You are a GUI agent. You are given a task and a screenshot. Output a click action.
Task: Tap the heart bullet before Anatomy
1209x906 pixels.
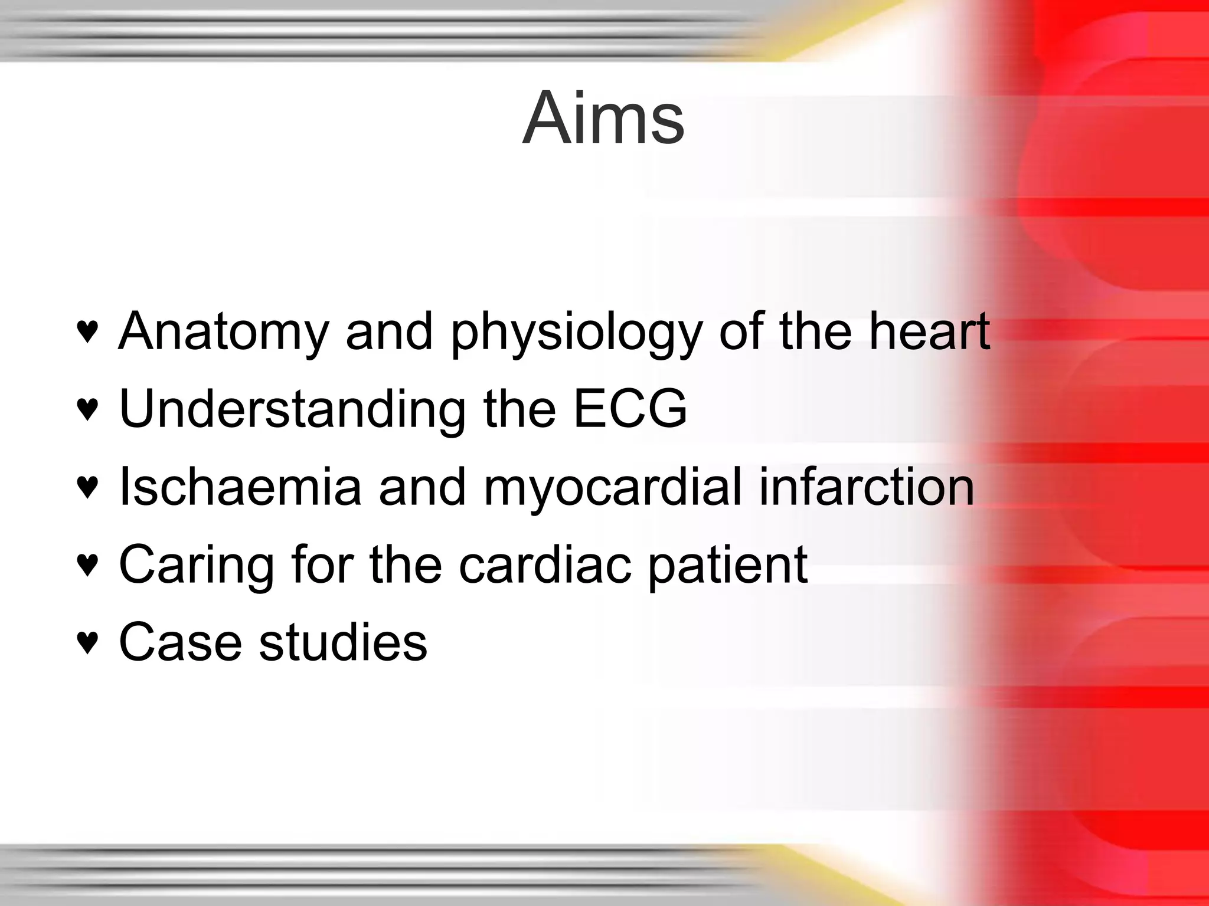point(87,332)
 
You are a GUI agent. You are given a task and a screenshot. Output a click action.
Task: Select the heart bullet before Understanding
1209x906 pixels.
point(87,409)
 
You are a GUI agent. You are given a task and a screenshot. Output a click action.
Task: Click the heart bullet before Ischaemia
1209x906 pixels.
point(87,487)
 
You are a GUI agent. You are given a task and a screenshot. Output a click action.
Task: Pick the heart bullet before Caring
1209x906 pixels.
point(87,565)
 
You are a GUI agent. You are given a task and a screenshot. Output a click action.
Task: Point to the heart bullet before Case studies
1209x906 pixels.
point(87,642)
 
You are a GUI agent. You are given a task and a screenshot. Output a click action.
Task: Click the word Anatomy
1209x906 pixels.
point(223,332)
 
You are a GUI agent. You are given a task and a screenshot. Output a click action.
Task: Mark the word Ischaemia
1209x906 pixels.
point(240,487)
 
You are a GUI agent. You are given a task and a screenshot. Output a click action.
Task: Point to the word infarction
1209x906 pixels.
point(866,487)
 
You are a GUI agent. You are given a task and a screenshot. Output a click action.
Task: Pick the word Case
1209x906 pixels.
point(180,642)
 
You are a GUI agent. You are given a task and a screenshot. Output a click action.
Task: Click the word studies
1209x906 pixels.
point(343,642)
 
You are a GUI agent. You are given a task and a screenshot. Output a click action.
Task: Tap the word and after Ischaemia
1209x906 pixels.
point(422,487)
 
